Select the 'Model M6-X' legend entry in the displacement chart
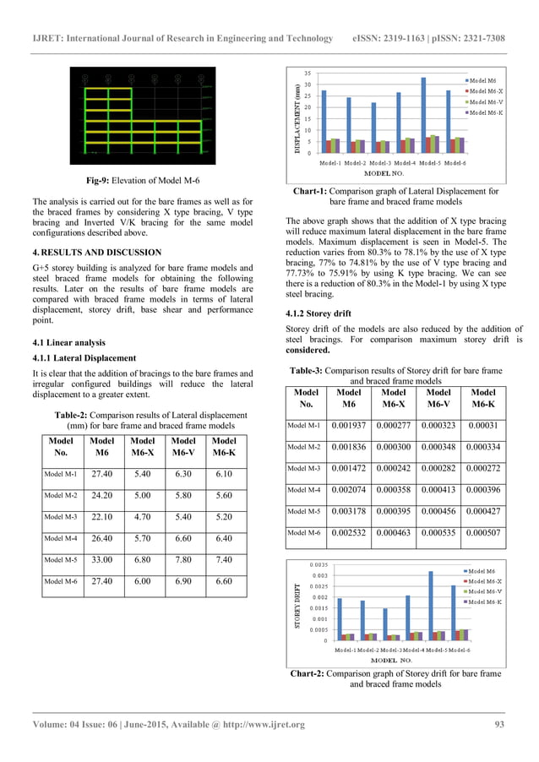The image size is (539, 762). coord(485,90)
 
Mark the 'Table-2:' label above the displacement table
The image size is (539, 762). coord(74,415)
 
